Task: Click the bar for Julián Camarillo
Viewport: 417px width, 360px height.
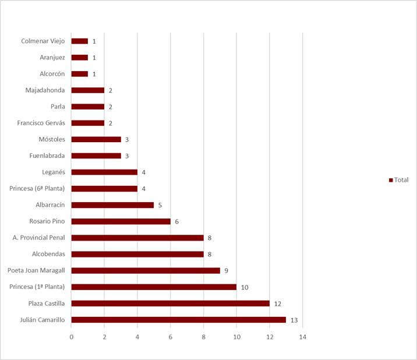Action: [x=178, y=319]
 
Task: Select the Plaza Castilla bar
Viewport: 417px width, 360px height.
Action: [x=170, y=303]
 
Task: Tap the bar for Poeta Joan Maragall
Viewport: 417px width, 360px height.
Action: [x=146, y=270]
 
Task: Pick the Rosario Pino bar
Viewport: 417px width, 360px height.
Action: [x=121, y=221]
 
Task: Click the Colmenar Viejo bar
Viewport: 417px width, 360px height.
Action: [x=79, y=41]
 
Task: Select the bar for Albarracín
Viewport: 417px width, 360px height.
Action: [x=112, y=205]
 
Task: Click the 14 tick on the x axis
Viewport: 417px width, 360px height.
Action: [x=302, y=337]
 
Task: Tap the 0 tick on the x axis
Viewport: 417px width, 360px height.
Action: [x=71, y=337]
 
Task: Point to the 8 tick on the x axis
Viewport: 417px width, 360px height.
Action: [x=203, y=337]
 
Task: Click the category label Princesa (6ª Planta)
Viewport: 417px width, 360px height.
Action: [x=37, y=188]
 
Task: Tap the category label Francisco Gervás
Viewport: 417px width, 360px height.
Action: [x=41, y=123]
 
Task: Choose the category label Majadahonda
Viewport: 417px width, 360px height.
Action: [x=45, y=90]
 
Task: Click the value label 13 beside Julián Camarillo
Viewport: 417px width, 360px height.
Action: [x=294, y=320]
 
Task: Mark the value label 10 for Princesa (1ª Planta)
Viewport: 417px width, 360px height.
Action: [x=245, y=287]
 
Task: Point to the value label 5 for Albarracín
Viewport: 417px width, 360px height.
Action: [x=160, y=205]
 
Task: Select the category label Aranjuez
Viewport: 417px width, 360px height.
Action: [x=52, y=57]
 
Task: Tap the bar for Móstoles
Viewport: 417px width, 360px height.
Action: [x=96, y=139]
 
